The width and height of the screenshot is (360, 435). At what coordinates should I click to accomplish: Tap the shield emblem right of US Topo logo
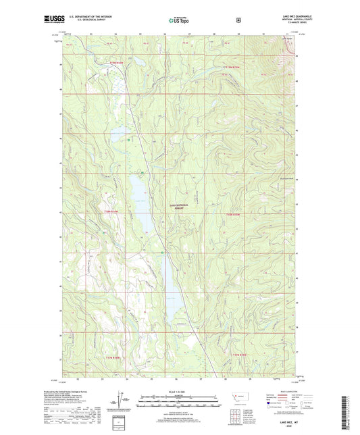coord(238,20)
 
